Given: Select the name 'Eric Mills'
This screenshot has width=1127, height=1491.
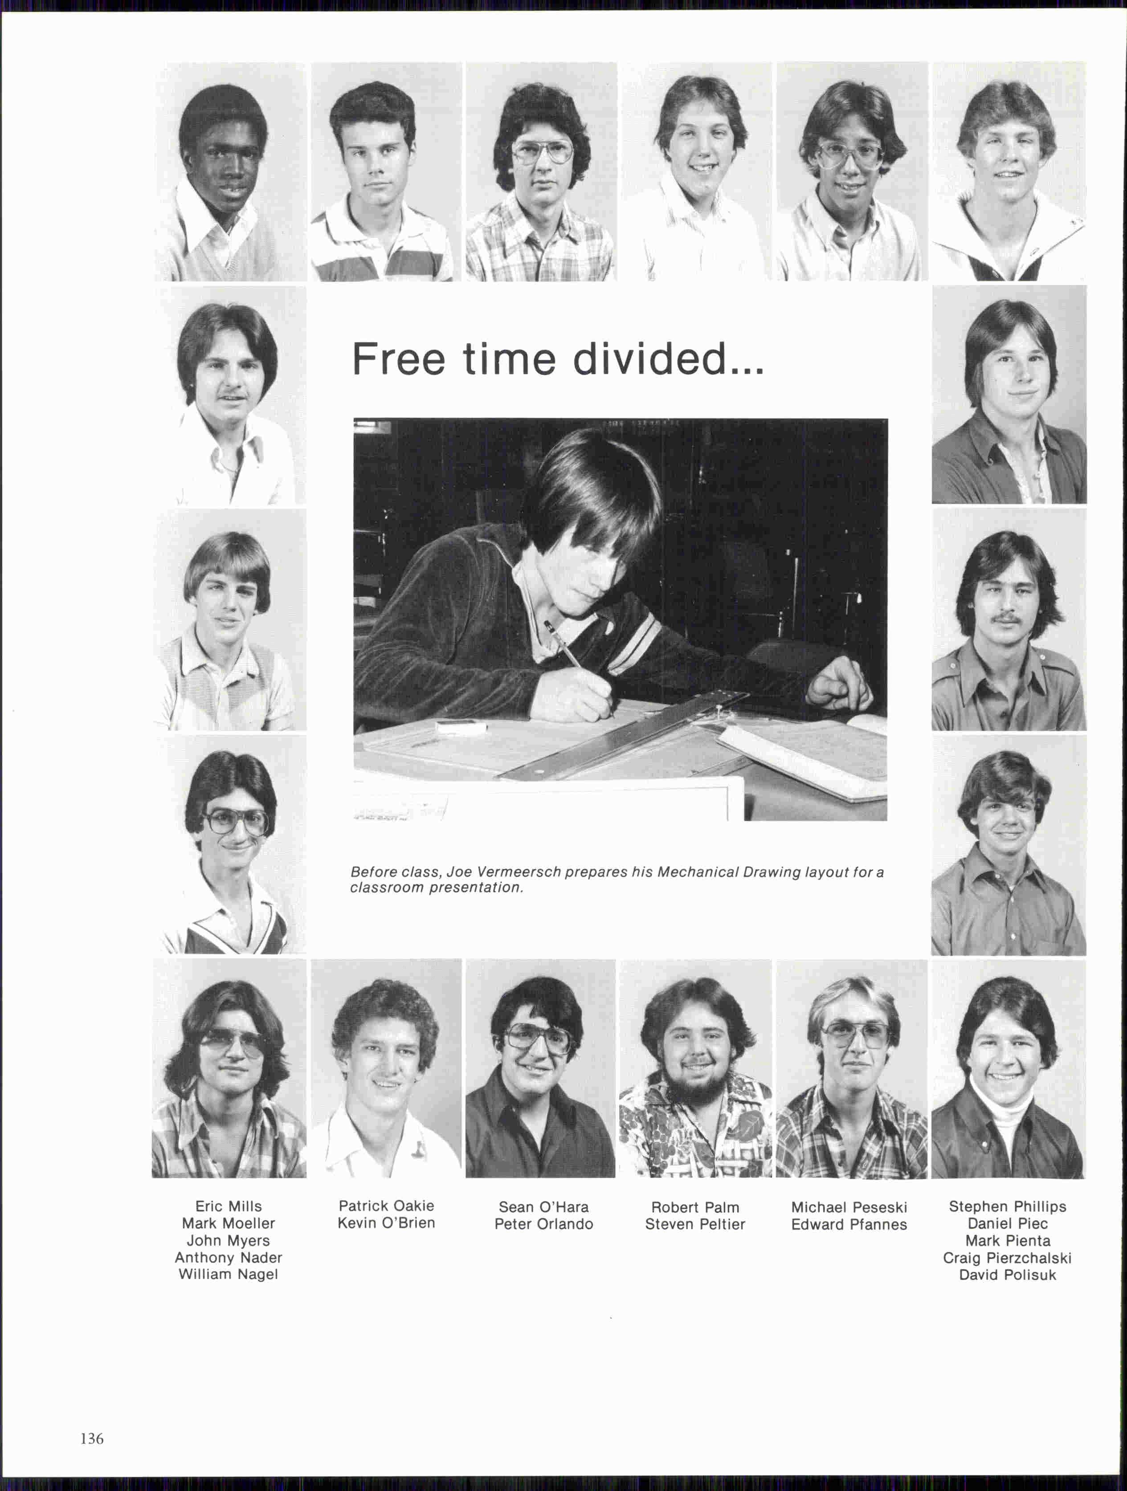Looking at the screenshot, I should click(x=229, y=1206).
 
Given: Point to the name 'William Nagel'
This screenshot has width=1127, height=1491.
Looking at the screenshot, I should click(x=229, y=1274).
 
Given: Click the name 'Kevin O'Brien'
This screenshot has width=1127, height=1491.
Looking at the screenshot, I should click(x=386, y=1223).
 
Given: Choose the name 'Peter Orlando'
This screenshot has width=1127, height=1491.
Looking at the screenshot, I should click(x=543, y=1224).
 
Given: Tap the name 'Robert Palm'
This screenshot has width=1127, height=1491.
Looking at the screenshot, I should click(x=695, y=1207).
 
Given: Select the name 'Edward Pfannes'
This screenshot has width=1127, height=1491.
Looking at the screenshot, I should click(x=849, y=1224).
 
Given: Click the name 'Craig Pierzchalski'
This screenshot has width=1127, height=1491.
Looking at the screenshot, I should click(x=1007, y=1258).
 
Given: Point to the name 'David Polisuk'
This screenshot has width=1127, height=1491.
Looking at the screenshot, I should click(x=1007, y=1275).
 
